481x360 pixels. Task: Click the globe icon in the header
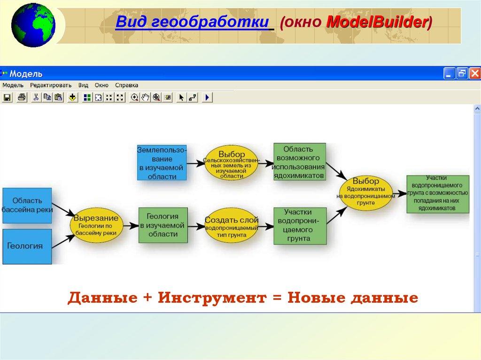click(x=33, y=25)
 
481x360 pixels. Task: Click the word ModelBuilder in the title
click(x=377, y=22)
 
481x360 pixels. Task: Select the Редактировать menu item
click(x=51, y=85)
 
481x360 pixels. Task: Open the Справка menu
click(x=126, y=85)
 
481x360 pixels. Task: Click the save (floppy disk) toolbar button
click(x=7, y=98)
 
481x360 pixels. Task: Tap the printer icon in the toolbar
click(x=22, y=98)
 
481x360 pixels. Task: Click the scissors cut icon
click(x=36, y=98)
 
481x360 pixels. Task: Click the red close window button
click(x=475, y=74)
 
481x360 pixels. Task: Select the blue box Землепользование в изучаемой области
click(x=162, y=162)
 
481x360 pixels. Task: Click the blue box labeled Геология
click(x=27, y=246)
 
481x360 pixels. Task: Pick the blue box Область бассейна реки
click(x=27, y=206)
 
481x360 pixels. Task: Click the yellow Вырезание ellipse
click(x=96, y=225)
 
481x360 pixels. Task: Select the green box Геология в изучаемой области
click(x=163, y=225)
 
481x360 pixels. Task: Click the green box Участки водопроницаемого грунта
click(x=300, y=226)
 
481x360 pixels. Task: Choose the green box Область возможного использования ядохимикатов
click(x=299, y=161)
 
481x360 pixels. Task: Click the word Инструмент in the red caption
click(x=212, y=298)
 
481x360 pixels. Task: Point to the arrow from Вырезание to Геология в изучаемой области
click(x=131, y=226)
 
